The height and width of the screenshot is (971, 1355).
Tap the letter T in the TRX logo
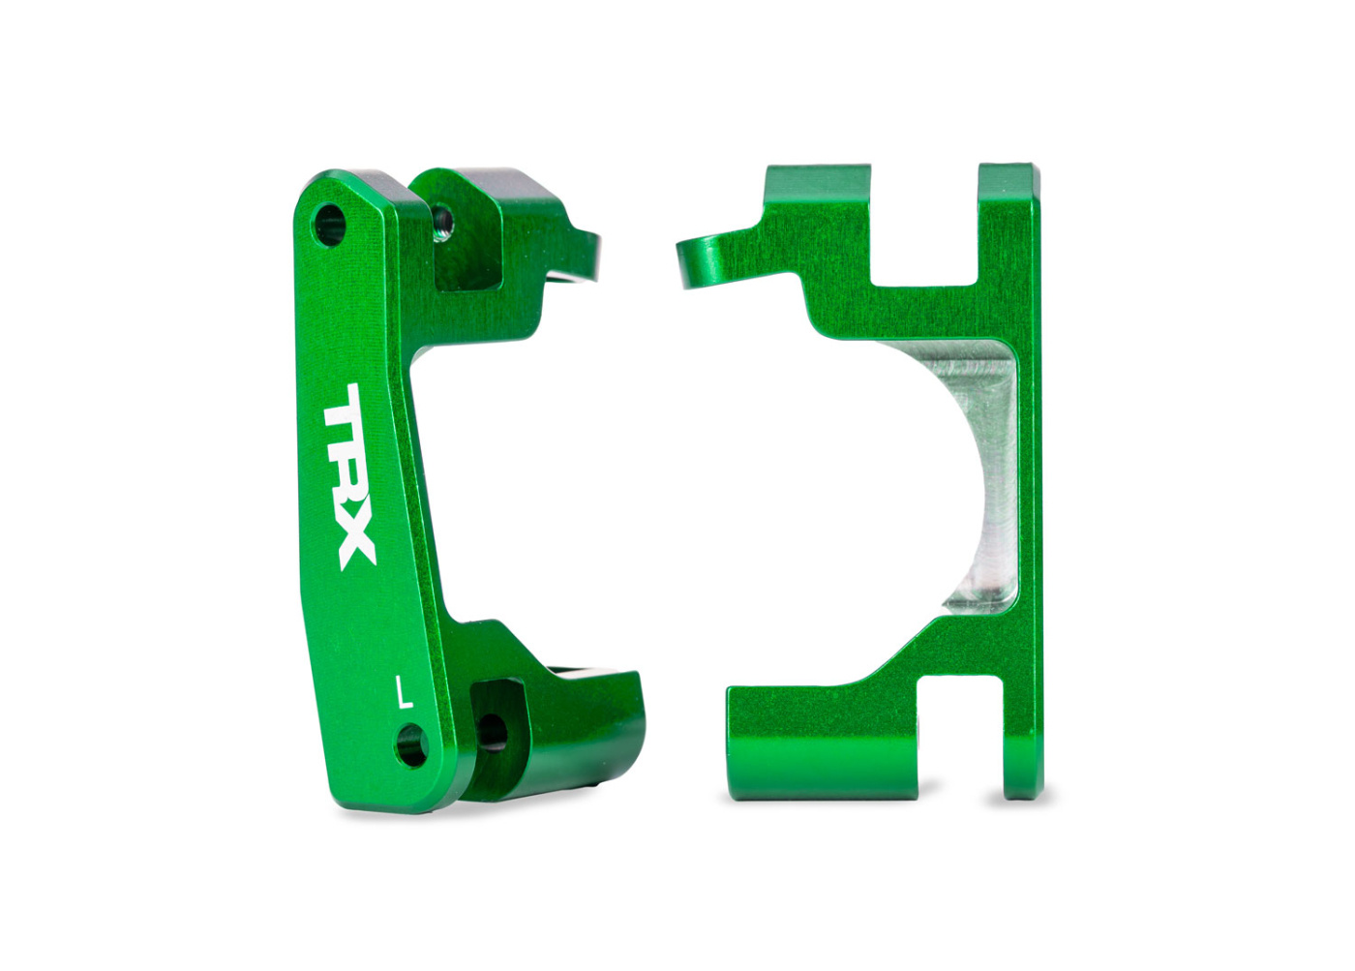pos(344,411)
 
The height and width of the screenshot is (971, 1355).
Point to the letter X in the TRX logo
pos(353,542)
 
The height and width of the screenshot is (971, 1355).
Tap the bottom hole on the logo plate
pos(412,745)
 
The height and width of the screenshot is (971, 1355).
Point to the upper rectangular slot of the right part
pos(924,228)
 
